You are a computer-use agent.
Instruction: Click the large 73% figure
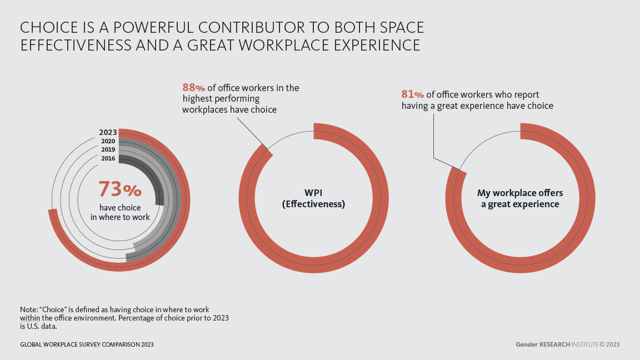coord(120,189)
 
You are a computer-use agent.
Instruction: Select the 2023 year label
coord(108,132)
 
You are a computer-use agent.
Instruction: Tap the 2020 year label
coord(108,141)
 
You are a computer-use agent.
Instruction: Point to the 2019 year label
coord(108,149)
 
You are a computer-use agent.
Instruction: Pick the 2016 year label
coord(108,158)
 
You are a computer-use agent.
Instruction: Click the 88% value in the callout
coord(193,88)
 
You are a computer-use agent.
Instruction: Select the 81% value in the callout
coord(413,94)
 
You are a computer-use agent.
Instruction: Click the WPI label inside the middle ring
coord(313,193)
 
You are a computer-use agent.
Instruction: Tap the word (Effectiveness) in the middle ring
coord(313,204)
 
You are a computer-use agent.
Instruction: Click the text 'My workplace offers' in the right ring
coord(520,193)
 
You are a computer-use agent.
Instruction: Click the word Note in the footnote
coord(28,309)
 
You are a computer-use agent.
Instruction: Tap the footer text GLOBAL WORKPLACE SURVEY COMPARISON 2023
coord(87,344)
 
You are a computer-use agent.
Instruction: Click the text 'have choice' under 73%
coord(120,207)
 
